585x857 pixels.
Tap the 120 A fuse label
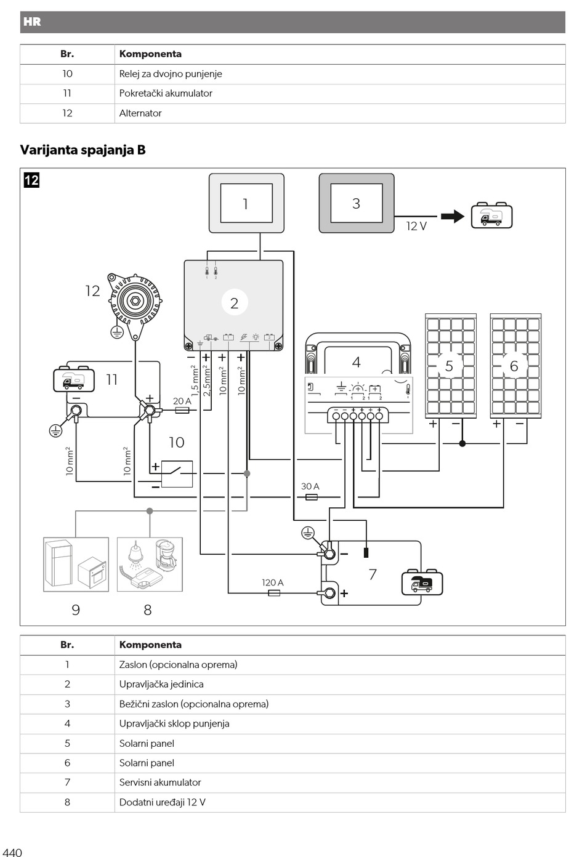point(272,582)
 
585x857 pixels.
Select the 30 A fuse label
point(310,486)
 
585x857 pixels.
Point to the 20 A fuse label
point(182,401)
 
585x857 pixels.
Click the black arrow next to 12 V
point(453,217)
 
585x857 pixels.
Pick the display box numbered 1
point(246,203)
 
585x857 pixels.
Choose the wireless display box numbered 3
point(357,203)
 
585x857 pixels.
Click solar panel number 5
point(451,366)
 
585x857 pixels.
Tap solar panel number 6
point(516,366)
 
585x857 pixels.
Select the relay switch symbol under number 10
point(177,473)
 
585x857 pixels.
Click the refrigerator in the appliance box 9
point(58,563)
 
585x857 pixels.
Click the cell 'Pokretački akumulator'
point(166,94)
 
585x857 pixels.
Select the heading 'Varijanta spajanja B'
point(83,150)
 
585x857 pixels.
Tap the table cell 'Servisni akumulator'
point(160,782)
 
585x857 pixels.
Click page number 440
point(12,853)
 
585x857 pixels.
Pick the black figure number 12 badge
point(31,180)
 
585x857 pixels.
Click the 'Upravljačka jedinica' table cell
point(161,684)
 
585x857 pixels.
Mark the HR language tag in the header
point(32,22)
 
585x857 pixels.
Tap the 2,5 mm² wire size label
point(207,380)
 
